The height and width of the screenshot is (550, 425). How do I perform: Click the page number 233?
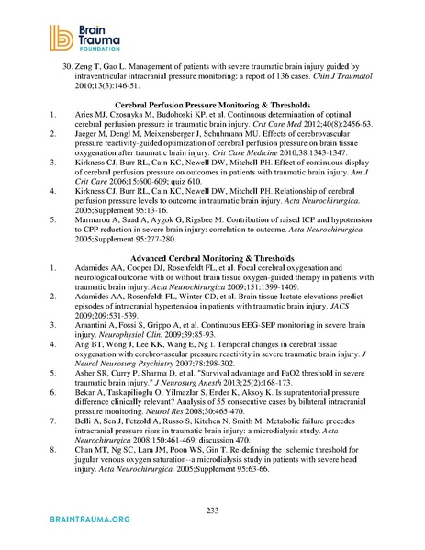pos(212,509)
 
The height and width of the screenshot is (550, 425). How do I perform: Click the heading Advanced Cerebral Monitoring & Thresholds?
pos(212,261)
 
